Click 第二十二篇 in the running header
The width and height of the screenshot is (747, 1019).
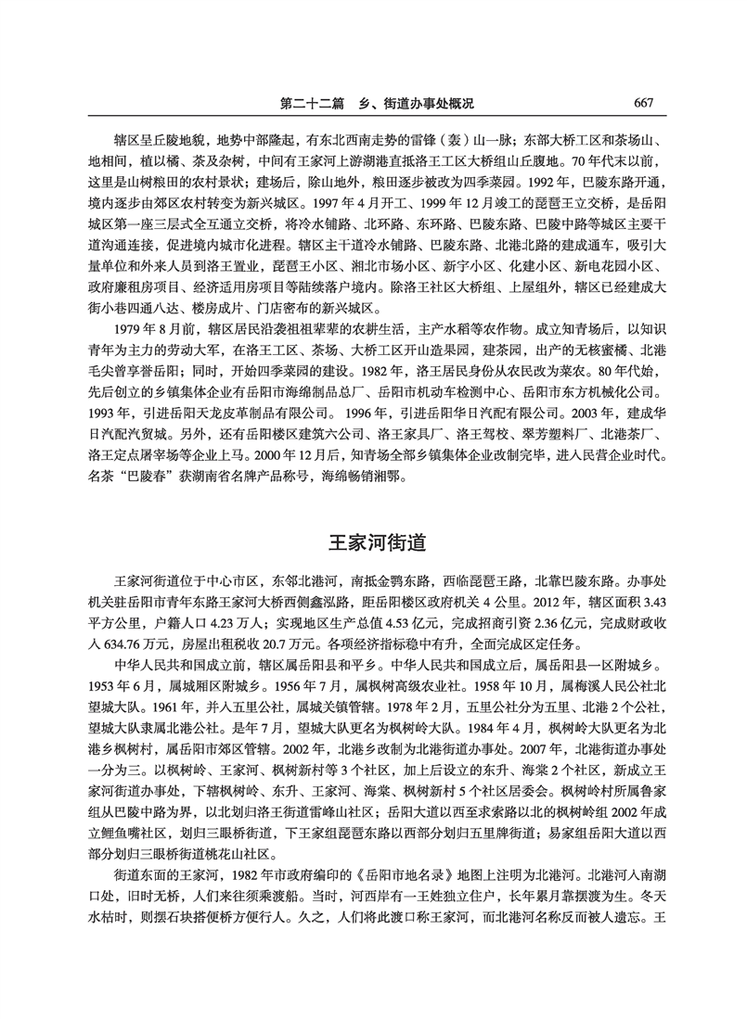(318, 103)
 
